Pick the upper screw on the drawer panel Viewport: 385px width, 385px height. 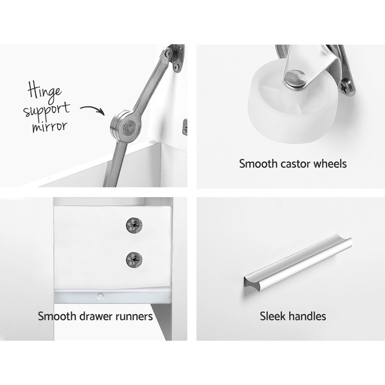[134, 225]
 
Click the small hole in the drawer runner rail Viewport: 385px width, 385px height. [100, 296]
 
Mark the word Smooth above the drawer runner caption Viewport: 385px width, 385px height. [56, 316]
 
